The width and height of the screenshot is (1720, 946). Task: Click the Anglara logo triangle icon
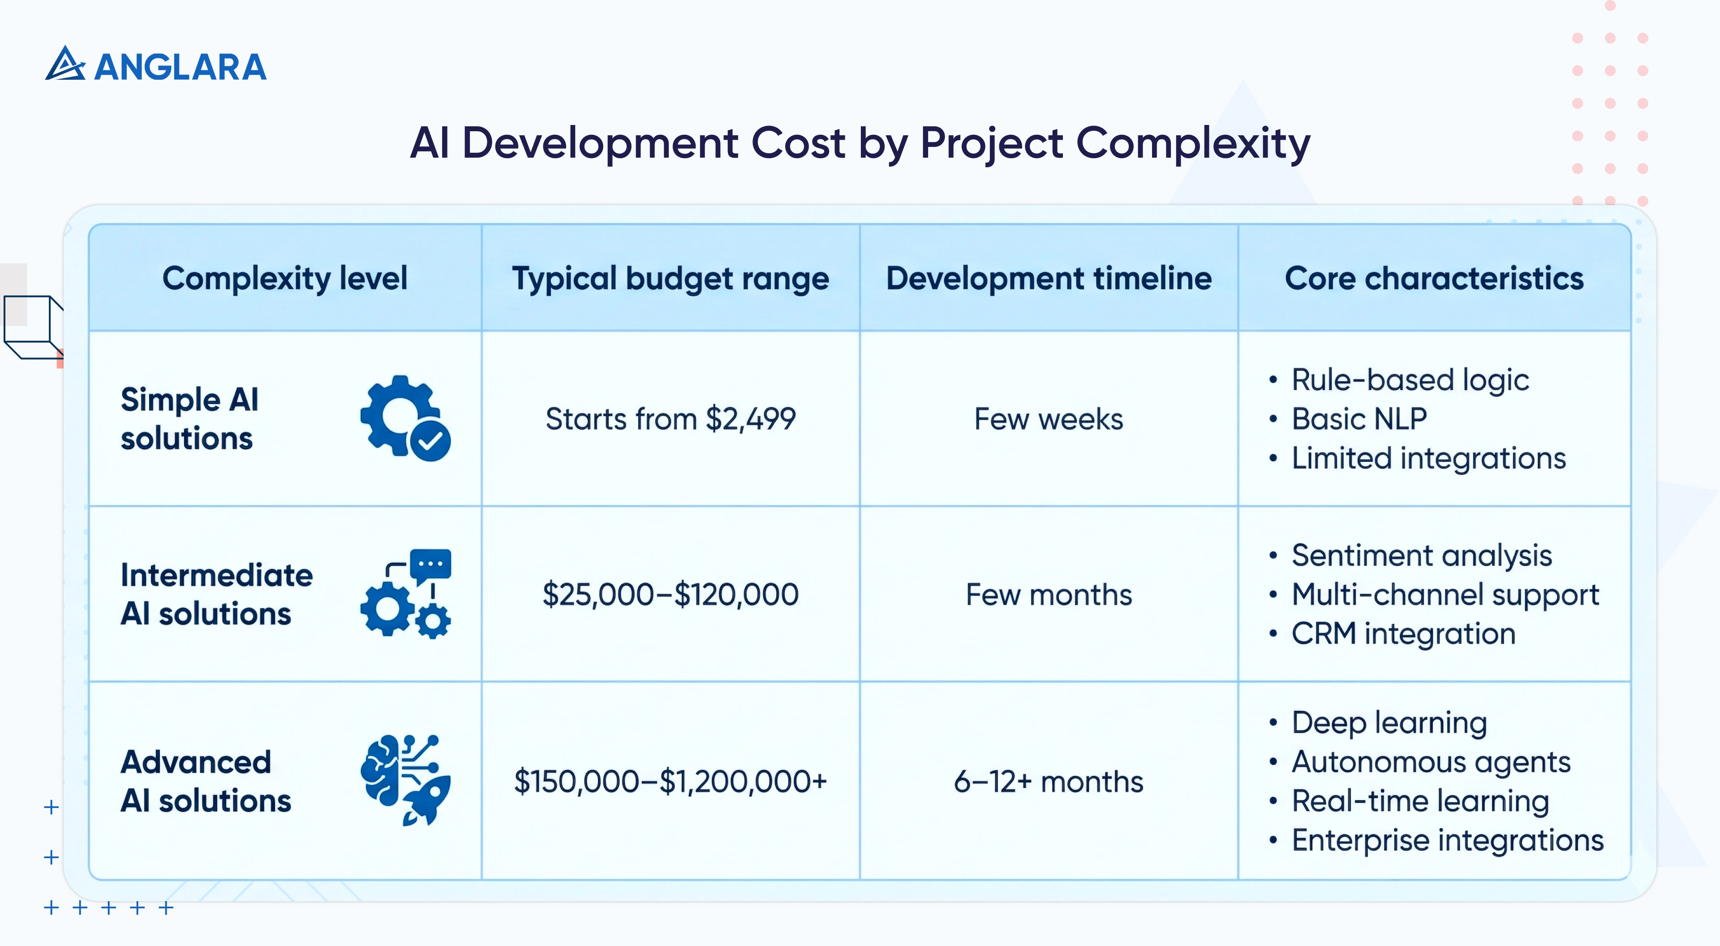[65, 65]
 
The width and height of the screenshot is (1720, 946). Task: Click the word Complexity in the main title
[1192, 143]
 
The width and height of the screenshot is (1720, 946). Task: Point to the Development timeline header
[1048, 279]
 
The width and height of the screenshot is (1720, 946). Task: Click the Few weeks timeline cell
[1048, 419]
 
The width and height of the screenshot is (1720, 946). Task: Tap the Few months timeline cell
[1048, 594]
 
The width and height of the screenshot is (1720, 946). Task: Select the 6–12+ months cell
[1048, 781]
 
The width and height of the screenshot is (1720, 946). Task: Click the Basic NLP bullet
[1359, 419]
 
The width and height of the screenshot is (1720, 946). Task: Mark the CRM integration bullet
[1402, 633]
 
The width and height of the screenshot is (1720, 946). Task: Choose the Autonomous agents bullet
[1430, 762]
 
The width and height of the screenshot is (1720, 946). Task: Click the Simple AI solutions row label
[189, 419]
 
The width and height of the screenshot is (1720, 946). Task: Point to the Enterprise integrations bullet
[1447, 840]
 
